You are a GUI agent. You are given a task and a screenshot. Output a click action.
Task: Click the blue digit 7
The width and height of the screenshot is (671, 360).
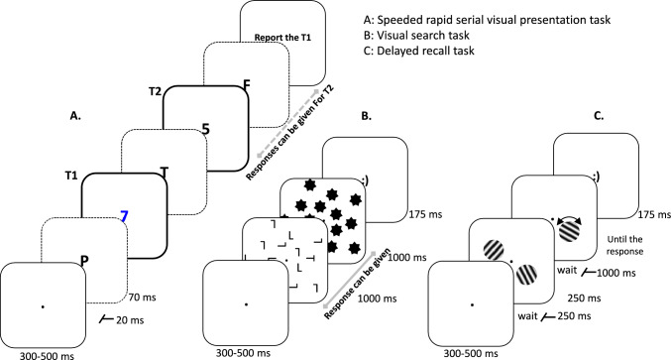[124, 217]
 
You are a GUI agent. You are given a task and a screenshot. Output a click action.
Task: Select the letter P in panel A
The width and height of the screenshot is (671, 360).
[84, 260]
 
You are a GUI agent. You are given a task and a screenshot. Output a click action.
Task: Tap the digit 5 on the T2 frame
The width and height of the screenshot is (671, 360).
[206, 129]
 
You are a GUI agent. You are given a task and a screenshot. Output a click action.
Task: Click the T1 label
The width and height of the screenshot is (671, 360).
[71, 176]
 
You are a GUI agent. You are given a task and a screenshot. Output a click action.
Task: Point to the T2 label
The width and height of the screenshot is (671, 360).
[155, 91]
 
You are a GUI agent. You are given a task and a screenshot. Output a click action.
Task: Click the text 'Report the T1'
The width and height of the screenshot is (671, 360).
[282, 38]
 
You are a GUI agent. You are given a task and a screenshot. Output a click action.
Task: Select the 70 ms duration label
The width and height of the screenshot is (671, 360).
[142, 297]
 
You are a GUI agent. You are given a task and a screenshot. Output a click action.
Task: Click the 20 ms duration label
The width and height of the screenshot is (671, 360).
[130, 320]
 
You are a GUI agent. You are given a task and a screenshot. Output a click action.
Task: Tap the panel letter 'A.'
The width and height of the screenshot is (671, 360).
[75, 116]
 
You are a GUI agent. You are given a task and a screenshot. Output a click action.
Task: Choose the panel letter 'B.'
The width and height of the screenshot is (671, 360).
[367, 116]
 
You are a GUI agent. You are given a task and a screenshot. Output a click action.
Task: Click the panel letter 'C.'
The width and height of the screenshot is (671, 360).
[599, 116]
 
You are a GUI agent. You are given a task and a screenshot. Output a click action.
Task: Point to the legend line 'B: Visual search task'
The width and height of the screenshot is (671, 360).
[416, 35]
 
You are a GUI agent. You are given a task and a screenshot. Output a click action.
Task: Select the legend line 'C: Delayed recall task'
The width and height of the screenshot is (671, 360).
[419, 51]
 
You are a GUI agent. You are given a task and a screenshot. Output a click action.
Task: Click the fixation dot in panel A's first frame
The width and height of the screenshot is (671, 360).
[42, 306]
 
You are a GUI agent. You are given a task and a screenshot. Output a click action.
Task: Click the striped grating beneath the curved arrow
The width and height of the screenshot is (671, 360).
[570, 233]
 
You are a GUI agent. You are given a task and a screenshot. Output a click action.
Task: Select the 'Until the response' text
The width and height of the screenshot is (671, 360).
[624, 245]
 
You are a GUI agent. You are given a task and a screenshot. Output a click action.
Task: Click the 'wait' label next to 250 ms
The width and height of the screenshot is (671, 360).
[527, 316]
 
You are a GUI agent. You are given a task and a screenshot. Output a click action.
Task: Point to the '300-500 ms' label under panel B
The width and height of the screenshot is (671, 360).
[243, 353]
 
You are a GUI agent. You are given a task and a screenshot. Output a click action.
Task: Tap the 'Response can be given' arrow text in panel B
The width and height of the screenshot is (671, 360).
[358, 284]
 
